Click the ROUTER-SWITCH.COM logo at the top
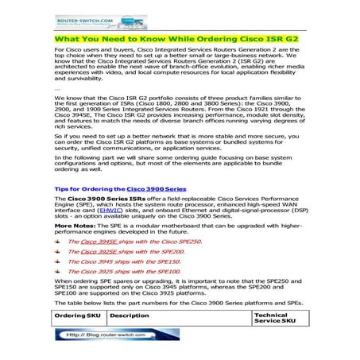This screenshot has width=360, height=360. (x=87, y=18)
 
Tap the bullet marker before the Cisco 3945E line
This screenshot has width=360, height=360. (x=57, y=241)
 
